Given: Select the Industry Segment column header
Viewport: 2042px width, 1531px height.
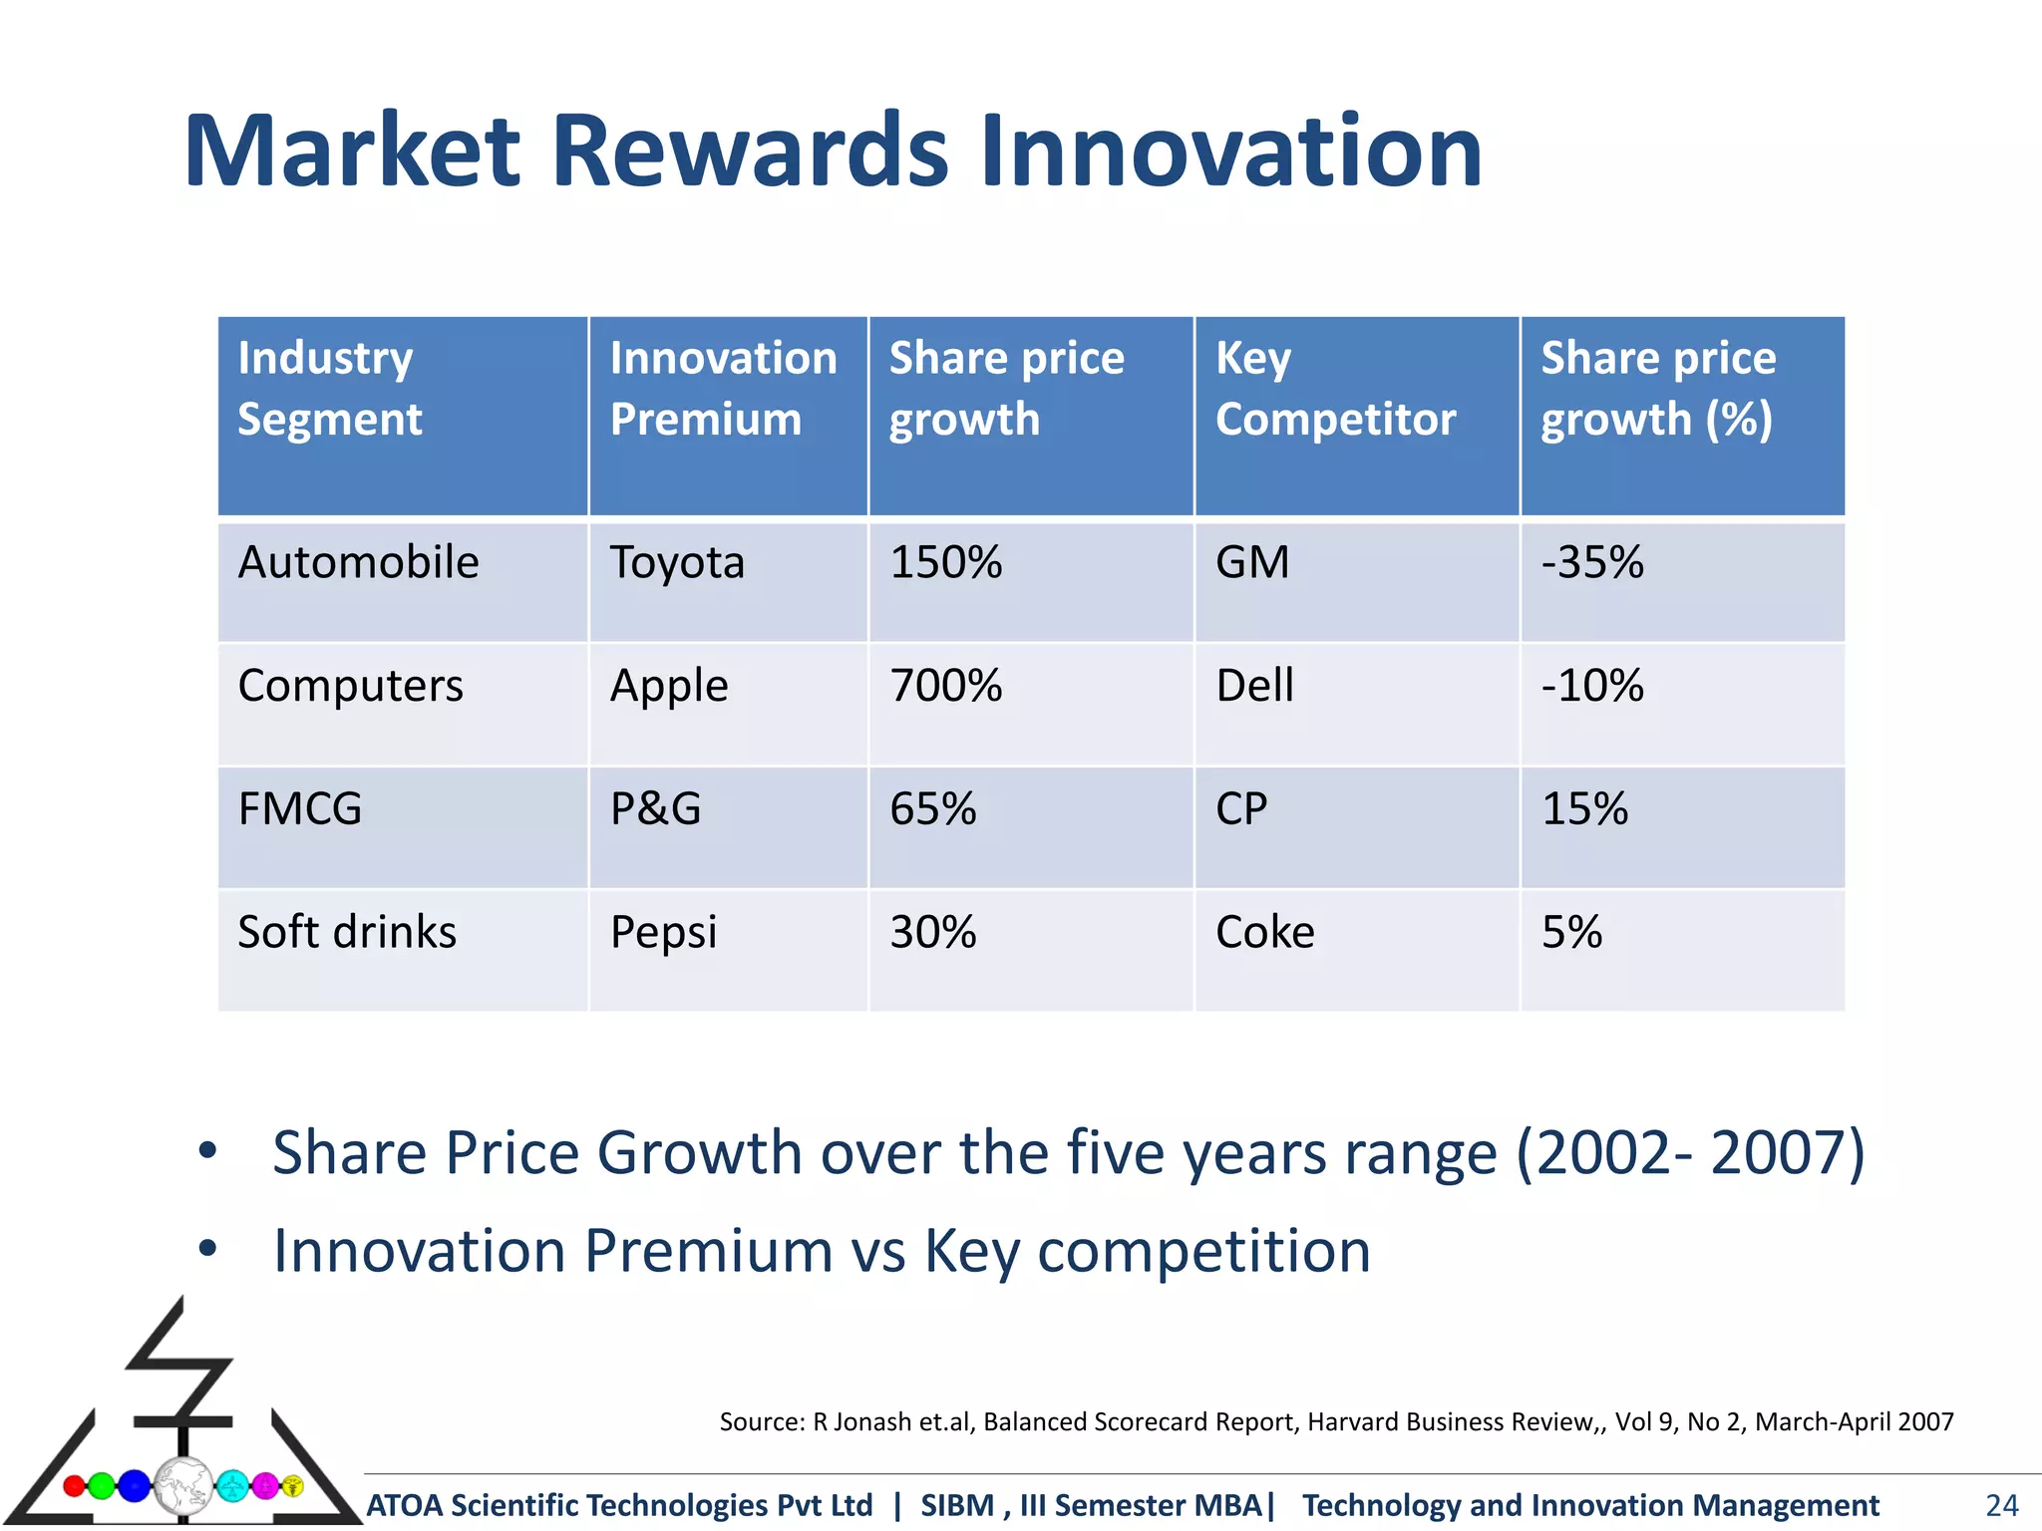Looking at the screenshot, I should click(329, 389).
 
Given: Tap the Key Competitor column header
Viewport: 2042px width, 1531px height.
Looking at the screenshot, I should click(1334, 389).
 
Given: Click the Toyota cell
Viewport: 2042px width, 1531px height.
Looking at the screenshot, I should click(677, 563).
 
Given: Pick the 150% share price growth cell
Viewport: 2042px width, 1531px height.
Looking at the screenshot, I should click(945, 563).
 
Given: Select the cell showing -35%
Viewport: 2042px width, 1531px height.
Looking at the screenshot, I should click(1592, 563).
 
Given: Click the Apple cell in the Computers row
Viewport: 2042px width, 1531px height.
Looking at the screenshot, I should click(669, 687).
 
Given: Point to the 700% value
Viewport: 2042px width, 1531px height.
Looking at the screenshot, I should click(945, 687).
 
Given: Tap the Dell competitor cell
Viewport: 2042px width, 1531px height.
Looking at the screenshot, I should click(1254, 687).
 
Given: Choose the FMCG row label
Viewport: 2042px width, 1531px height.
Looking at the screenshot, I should click(300, 809).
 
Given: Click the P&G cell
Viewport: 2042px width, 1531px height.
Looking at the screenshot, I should click(655, 809).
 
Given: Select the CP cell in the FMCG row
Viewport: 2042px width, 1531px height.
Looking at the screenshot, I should click(1241, 809).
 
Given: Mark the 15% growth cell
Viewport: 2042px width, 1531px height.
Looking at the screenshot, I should click(1584, 809).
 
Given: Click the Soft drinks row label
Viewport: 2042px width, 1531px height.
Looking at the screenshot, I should click(347, 933).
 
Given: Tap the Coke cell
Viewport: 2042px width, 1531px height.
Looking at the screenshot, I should click(1264, 933).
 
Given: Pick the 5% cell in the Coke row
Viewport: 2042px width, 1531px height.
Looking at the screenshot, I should click(1571, 933).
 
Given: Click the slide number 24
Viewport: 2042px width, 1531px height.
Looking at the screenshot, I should click(2001, 1504).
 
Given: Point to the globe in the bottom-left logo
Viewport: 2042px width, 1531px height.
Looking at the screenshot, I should click(183, 1485).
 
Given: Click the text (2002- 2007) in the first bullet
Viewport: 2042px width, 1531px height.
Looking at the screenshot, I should click(1690, 1153).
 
